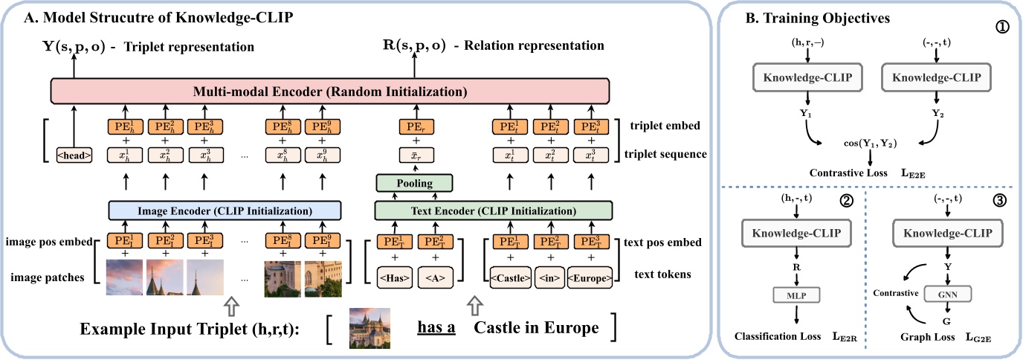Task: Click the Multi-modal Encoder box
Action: click(x=329, y=92)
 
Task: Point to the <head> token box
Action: click(x=73, y=155)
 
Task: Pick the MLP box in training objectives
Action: click(x=796, y=295)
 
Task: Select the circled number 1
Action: click(x=1000, y=33)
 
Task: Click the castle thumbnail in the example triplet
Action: click(x=370, y=328)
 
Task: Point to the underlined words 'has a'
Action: click(x=436, y=328)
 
